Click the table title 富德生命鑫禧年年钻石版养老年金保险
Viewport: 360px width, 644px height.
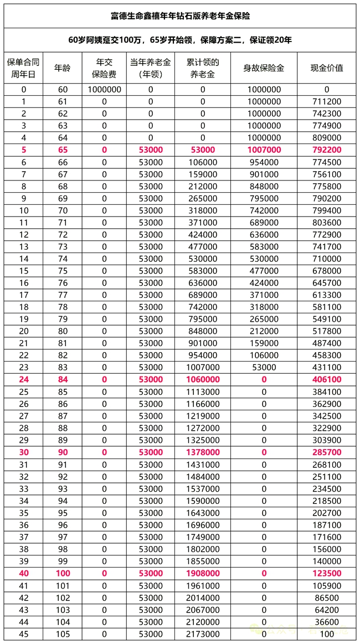[x=180, y=16]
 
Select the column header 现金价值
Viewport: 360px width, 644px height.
[x=326, y=68]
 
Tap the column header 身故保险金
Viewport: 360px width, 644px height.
[x=264, y=68]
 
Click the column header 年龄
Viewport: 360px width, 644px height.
[x=62, y=68]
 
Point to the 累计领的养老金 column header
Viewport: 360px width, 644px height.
[x=203, y=68]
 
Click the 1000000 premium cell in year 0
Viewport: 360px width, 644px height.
[x=104, y=89]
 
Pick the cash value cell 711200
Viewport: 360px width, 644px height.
[x=326, y=101]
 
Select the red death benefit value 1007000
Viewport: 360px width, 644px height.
[x=264, y=150]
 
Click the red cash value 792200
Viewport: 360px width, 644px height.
[x=326, y=150]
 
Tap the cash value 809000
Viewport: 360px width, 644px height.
[x=326, y=137]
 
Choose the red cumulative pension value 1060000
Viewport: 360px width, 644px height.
[x=203, y=379]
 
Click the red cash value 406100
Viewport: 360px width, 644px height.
[x=326, y=379]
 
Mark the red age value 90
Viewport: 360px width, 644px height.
[x=62, y=452]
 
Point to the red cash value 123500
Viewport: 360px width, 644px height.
[x=326, y=573]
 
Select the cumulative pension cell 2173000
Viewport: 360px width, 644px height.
[x=203, y=634]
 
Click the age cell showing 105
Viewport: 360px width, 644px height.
[x=62, y=634]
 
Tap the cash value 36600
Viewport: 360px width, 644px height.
[x=326, y=622]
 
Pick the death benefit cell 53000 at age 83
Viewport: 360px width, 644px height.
[x=264, y=367]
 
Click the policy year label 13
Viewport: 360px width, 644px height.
[x=23, y=246]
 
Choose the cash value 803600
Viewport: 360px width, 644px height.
[x=326, y=222]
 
